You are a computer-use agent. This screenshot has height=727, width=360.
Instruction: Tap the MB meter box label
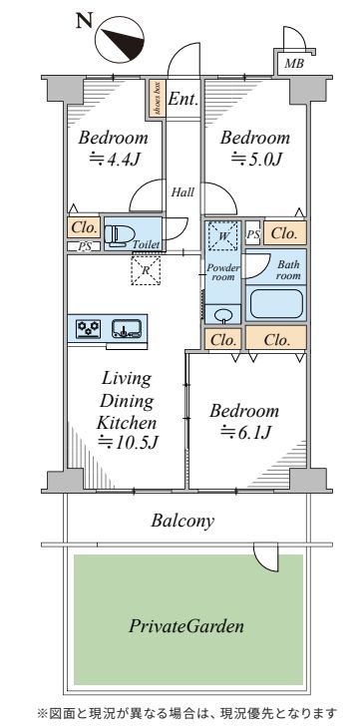pos(294,64)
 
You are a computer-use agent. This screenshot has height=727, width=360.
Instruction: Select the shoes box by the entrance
pos(158,99)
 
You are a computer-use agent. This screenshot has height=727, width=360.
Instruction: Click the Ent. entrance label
pos(182,99)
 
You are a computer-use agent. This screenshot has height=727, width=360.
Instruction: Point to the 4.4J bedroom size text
pos(115,160)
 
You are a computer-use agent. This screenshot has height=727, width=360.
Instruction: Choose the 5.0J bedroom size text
pos(256,160)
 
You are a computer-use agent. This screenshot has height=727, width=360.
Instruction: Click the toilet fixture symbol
pos(120,233)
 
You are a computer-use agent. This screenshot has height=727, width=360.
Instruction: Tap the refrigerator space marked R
pos(146,270)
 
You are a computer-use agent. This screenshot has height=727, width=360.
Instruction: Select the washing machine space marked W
pos(223,236)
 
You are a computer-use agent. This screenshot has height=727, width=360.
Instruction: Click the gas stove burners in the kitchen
pos(89,328)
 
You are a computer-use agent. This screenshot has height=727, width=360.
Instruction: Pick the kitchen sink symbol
pos(127,329)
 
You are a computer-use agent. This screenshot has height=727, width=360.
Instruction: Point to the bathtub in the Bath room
pos(276,303)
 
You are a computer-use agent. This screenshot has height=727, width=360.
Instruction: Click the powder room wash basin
pos(223,315)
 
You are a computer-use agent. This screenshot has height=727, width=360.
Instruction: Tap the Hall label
pos(182,191)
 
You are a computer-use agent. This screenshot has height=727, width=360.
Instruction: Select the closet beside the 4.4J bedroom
pos(84,228)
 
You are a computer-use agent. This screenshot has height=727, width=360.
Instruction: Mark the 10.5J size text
pos(129,443)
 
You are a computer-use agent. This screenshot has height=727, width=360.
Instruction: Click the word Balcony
pos(182,522)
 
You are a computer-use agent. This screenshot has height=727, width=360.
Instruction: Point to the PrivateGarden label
pos(186,627)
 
